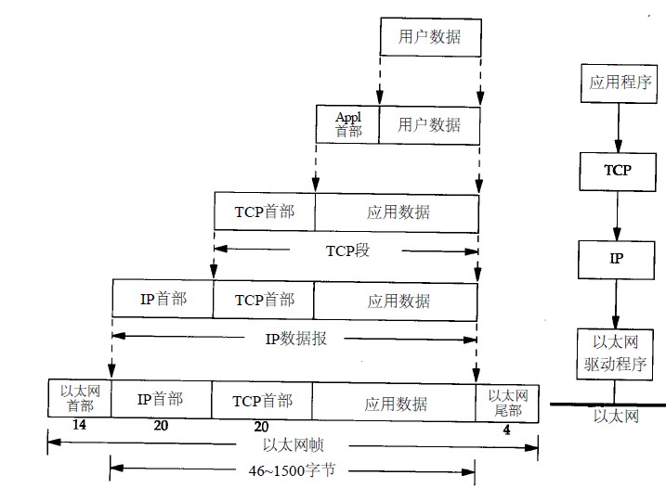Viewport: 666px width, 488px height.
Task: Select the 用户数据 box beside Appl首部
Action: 428,123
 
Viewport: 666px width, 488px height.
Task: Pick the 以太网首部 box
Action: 79,399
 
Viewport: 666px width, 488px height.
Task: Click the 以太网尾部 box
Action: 507,401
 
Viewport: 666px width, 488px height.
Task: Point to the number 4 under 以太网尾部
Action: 506,430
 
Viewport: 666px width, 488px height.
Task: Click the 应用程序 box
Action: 616,82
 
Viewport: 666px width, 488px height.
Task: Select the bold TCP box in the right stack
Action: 617,171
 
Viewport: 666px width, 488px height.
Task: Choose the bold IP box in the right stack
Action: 616,258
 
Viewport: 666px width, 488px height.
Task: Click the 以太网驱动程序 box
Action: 616,353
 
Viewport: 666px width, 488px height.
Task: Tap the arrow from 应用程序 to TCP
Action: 616,126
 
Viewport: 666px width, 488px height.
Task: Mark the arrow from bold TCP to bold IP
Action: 616,215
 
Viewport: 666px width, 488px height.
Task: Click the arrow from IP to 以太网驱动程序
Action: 616,303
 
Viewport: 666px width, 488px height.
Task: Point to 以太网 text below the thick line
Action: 617,417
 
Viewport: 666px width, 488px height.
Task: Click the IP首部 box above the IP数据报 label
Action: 163,299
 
